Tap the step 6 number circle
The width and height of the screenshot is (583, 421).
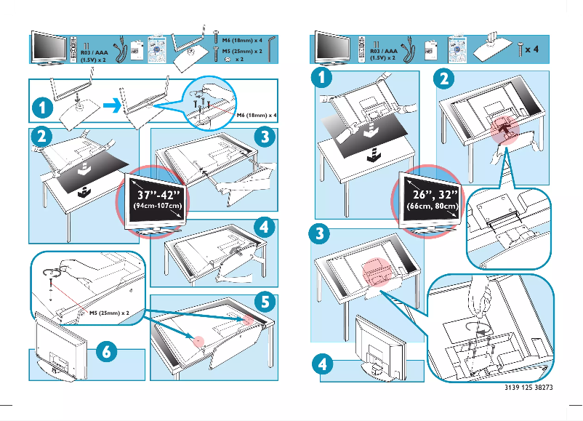click(106, 350)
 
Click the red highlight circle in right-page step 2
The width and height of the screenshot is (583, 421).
click(501, 126)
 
